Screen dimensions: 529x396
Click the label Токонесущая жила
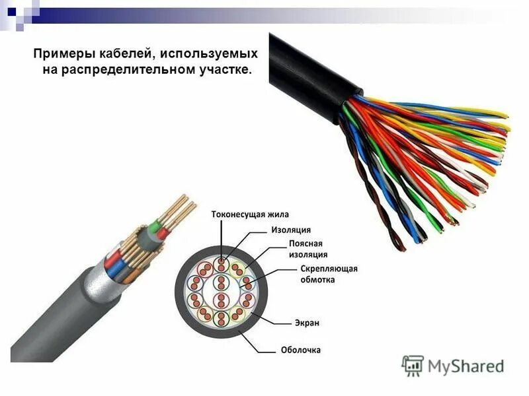250,214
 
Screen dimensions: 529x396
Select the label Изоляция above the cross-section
291,230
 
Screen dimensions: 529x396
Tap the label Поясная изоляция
308,249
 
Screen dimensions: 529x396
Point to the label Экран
307,323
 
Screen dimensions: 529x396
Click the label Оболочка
301,350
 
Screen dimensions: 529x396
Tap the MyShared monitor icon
413,365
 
